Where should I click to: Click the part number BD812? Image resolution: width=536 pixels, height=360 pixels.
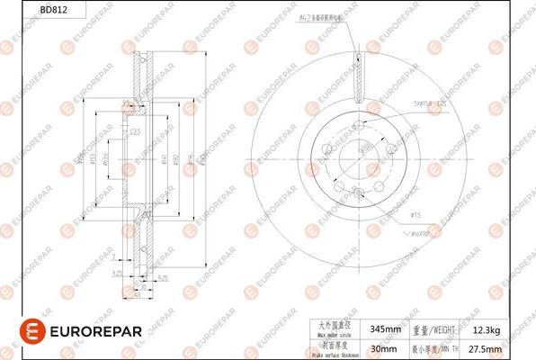(25, 11)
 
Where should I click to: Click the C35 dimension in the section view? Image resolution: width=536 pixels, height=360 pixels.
(136, 132)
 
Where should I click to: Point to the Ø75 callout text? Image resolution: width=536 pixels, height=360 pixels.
(416, 215)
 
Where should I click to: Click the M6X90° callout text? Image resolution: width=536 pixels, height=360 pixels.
(423, 232)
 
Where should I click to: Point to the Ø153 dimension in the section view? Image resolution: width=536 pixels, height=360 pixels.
(93, 163)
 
